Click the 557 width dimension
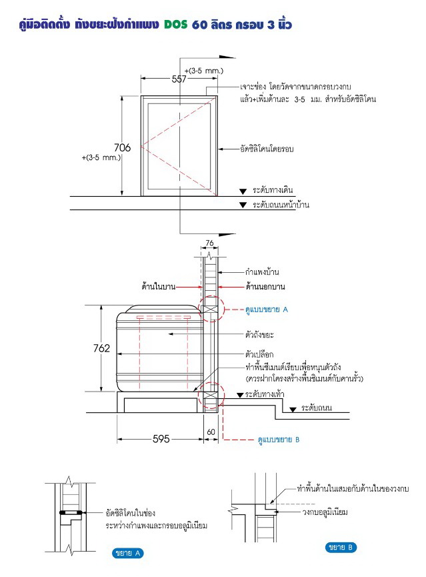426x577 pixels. pos(179,79)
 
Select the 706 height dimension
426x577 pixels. pos(122,147)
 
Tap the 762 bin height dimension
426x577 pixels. pos(101,348)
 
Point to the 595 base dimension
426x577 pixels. pos(161,439)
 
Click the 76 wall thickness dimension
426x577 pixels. pos(209,243)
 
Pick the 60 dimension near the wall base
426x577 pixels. pos(211,432)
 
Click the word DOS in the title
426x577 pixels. pos(175,25)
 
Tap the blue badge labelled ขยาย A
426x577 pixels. pos(127,553)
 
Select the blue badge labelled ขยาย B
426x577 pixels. pos(341,547)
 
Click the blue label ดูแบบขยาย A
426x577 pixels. pos(267,310)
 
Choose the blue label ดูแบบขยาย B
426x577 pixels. pos(279,440)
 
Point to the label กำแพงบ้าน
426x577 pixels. pos(262,272)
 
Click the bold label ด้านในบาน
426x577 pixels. pos(159,286)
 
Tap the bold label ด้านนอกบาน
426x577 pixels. pos(265,286)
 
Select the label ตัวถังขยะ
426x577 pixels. pos(259,334)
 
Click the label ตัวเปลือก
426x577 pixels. pos(259,354)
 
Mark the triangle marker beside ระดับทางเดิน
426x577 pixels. pos(243,191)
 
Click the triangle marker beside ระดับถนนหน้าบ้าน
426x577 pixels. pos(243,205)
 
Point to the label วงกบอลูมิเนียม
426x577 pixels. pos(325,512)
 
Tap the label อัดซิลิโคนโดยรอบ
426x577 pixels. pos(267,149)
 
